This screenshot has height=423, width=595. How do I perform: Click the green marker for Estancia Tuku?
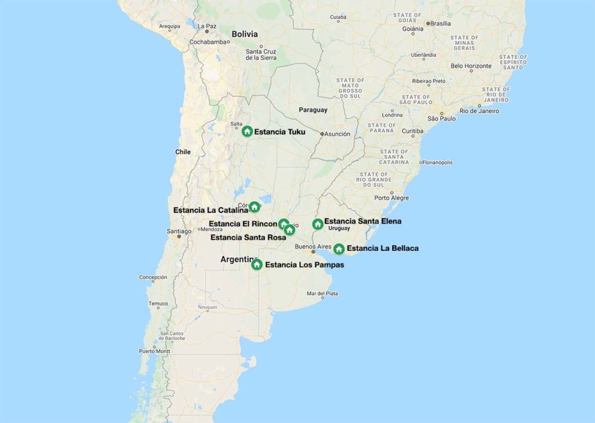coord(247,131)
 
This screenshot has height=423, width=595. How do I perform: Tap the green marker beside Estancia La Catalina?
coord(254,207)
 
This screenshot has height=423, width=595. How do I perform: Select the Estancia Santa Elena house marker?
coord(318,224)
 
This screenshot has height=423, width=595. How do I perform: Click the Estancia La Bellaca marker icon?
coord(339,248)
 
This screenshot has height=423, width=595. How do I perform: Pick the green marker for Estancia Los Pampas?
coord(257,264)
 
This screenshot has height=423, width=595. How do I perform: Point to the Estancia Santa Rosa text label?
coord(248,237)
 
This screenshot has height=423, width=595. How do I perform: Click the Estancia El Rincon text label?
coord(243,224)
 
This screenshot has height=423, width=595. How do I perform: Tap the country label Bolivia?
coord(244,35)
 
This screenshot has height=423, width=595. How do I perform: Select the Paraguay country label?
coord(313,110)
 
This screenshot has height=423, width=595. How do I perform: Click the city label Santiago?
coord(179,231)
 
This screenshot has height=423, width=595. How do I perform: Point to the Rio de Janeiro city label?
coord(479,111)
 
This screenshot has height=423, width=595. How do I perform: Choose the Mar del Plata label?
coord(322,293)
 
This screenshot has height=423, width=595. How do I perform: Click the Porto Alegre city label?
coord(391,198)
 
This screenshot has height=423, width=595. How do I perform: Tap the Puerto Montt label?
coord(155,351)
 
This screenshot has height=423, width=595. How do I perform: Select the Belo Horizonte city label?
coord(471,65)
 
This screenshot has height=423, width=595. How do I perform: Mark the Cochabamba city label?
coord(208,42)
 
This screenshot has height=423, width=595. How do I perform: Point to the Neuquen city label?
coord(207,307)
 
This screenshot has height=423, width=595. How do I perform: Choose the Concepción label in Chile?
coord(153,277)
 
